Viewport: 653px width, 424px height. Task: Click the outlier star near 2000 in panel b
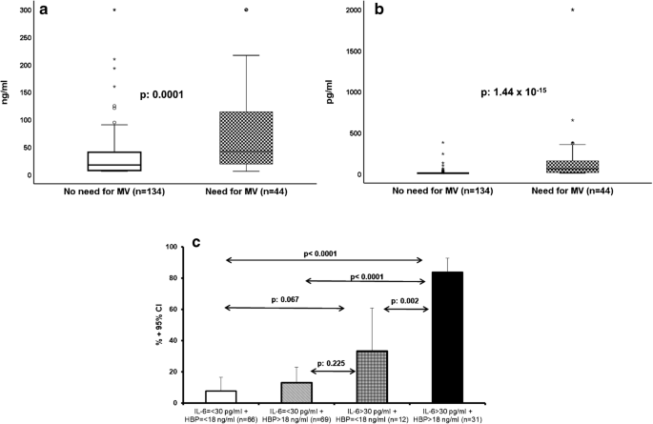[x=572, y=10]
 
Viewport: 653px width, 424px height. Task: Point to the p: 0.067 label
[x=258, y=299]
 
